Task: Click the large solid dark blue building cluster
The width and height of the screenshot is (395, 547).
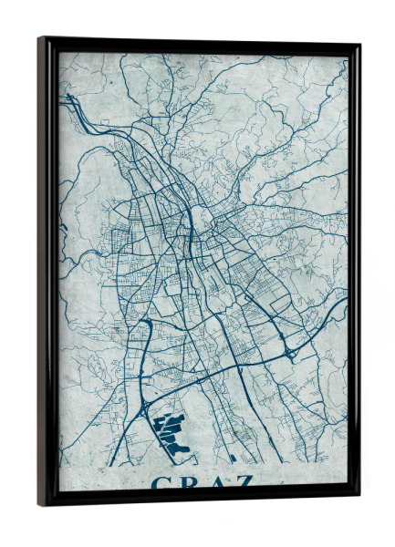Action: [x=172, y=431]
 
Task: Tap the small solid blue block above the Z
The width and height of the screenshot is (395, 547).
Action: [x=234, y=459]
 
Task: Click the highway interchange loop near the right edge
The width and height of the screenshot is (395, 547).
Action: [x=292, y=351]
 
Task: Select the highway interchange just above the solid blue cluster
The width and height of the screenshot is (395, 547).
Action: [x=146, y=400]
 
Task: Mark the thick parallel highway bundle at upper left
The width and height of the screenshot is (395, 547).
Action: [x=76, y=108]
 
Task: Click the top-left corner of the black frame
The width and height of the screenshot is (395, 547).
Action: [x=39, y=38]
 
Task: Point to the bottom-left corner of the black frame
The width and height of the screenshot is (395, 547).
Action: [x=40, y=504]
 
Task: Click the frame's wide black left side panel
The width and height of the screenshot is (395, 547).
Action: [x=47, y=273]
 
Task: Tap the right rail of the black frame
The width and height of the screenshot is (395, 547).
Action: [x=353, y=273]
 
